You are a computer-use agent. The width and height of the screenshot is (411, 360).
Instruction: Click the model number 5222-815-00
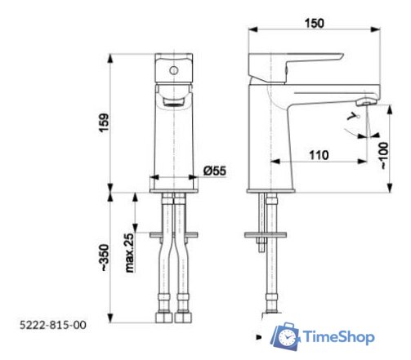(51, 324)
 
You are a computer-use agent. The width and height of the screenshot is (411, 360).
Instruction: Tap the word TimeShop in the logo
(339, 336)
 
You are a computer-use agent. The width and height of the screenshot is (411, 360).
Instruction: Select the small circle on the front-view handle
(173, 70)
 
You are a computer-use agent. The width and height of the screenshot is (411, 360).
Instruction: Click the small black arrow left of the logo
(259, 336)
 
